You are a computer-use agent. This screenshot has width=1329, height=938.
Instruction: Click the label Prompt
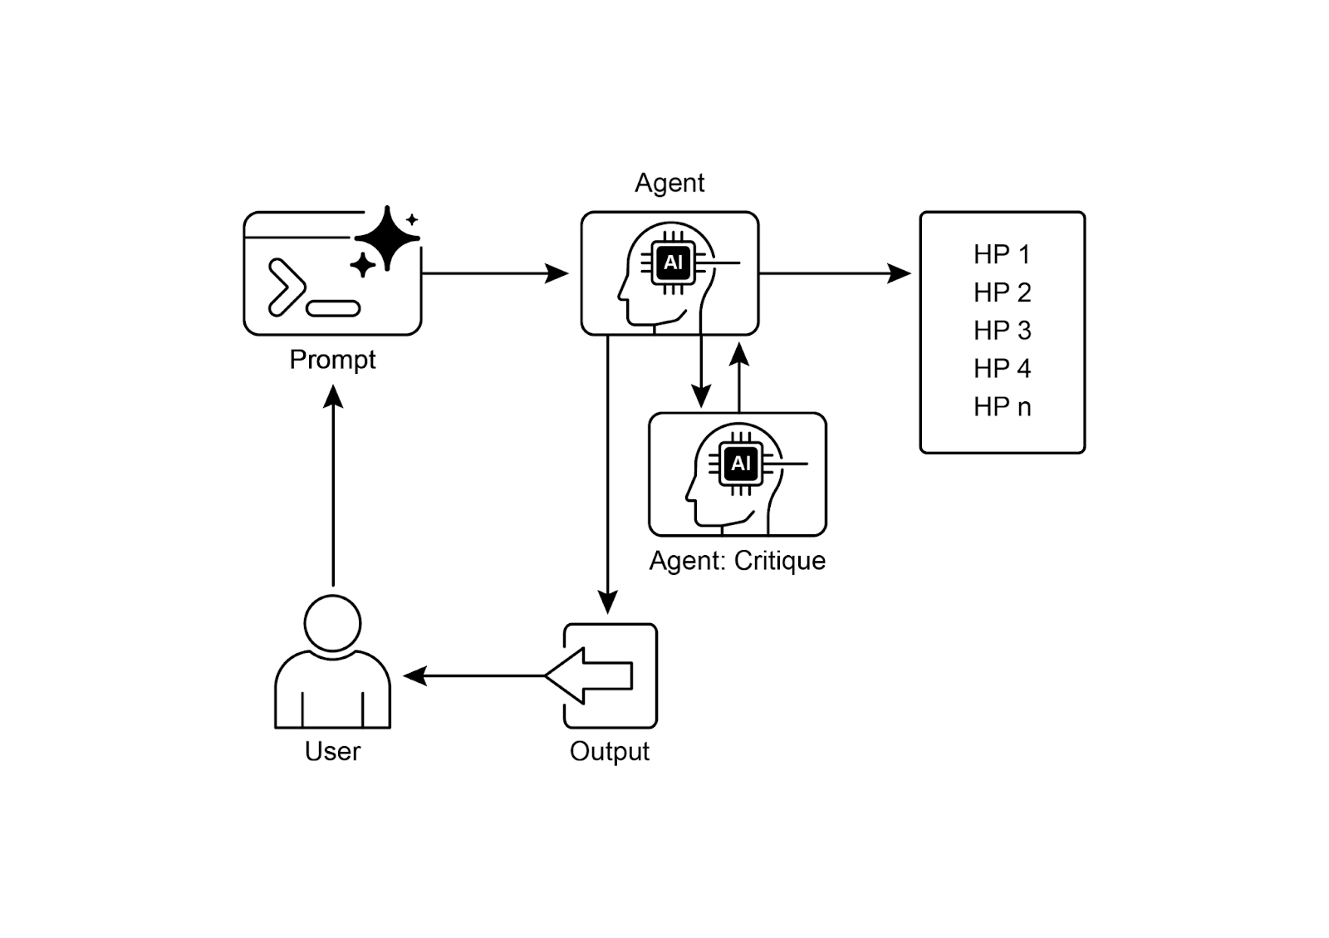coord(332,360)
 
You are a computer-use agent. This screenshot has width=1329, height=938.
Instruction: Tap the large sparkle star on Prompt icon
coord(387,238)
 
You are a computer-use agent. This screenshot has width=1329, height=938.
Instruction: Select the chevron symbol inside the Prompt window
coord(286,287)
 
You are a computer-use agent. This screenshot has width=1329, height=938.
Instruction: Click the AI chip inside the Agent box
coord(673,263)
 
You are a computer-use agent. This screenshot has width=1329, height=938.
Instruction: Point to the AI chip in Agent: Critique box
coord(740,464)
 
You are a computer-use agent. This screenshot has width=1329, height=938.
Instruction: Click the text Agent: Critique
coord(737,561)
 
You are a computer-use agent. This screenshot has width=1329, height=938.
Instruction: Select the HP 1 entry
coord(1002,254)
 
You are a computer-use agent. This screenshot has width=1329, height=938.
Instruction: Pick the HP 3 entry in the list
coord(1002,331)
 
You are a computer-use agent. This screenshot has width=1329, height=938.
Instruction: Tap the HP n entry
coord(1002,407)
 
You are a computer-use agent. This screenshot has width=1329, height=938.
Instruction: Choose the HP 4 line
coord(1002,369)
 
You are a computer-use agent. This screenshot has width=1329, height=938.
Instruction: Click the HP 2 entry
coord(1002,292)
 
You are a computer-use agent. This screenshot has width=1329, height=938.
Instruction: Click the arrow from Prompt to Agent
coord(494,273)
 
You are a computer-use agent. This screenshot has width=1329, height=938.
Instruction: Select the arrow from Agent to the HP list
coord(835,273)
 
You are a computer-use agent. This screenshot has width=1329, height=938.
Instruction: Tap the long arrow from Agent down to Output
coord(608,474)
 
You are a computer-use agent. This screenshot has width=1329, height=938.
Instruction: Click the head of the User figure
coord(332,623)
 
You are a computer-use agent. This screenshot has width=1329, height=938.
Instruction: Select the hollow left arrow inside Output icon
coord(591,675)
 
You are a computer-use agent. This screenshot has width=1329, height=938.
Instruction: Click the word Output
coord(609,751)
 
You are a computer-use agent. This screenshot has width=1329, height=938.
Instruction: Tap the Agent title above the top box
coord(669,183)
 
